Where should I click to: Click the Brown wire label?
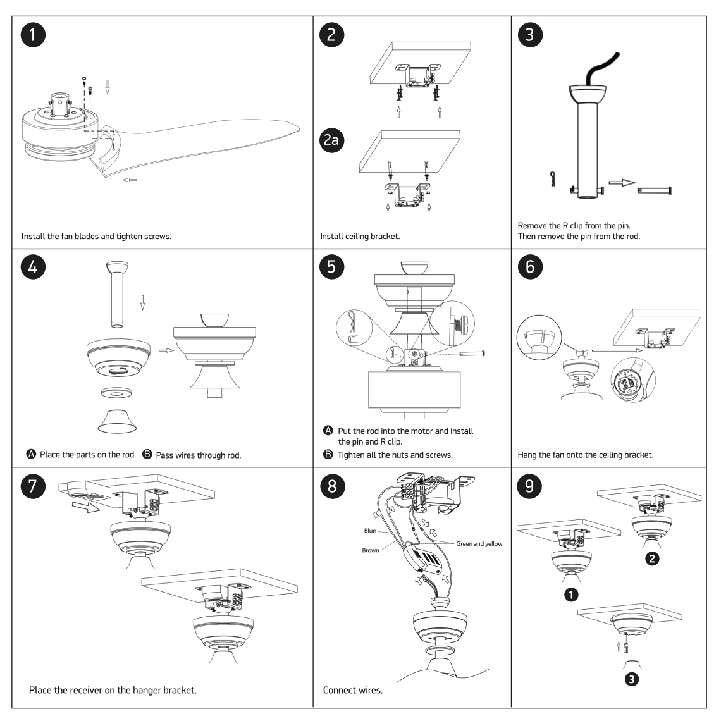[371, 550]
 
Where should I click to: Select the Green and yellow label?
[478, 543]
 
